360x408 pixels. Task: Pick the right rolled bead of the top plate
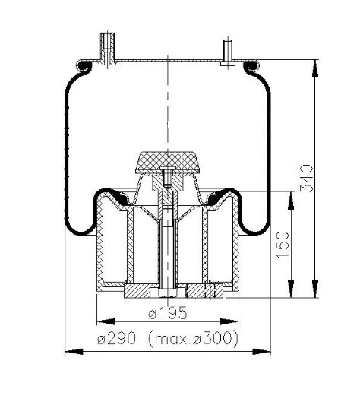(248, 67)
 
